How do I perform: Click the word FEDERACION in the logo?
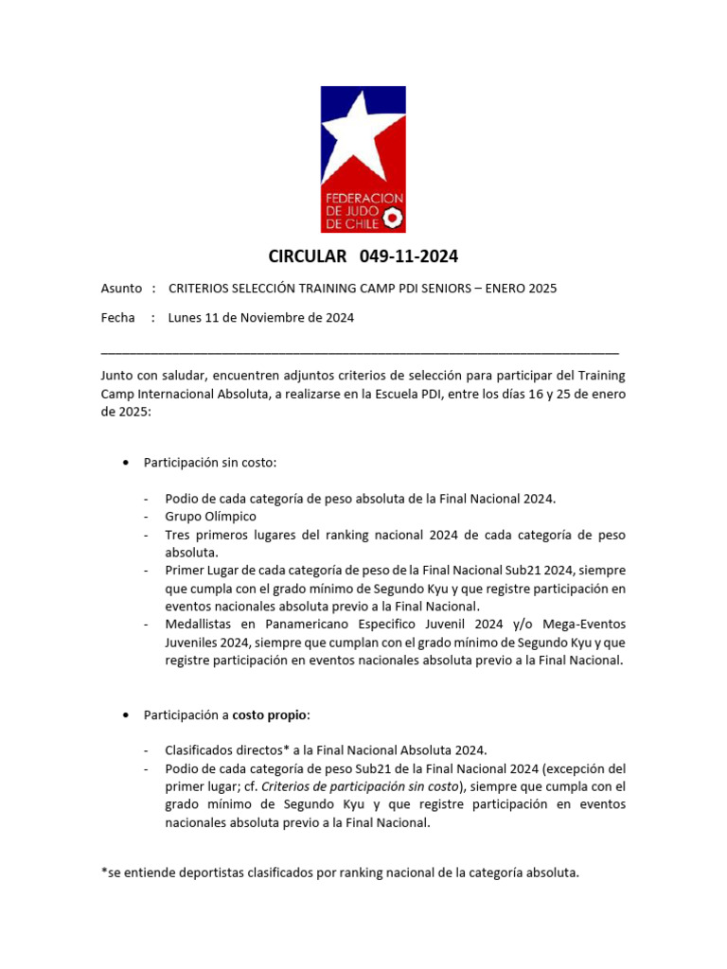click(x=363, y=199)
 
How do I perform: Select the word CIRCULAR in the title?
click(x=308, y=256)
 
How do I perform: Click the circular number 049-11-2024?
click(x=409, y=256)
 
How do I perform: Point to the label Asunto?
click(x=121, y=288)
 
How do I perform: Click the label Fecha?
click(x=118, y=318)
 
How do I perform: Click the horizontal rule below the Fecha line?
click(x=360, y=351)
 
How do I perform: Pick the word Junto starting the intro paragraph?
click(x=119, y=375)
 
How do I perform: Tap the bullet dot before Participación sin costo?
click(x=127, y=463)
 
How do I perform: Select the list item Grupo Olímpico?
click(x=210, y=517)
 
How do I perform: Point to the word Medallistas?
click(x=201, y=625)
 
